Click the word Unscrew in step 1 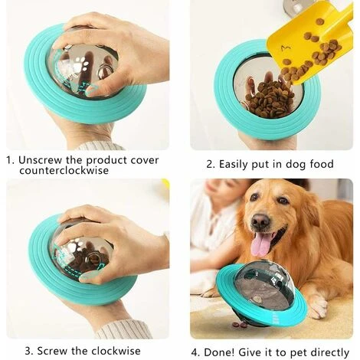pos(40,160)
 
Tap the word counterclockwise pos(64,171)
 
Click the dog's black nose pos(261,220)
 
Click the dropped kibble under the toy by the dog pos(240,325)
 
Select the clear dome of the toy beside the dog pos(258,283)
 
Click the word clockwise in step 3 pos(116,351)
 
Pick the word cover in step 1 pos(145,161)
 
